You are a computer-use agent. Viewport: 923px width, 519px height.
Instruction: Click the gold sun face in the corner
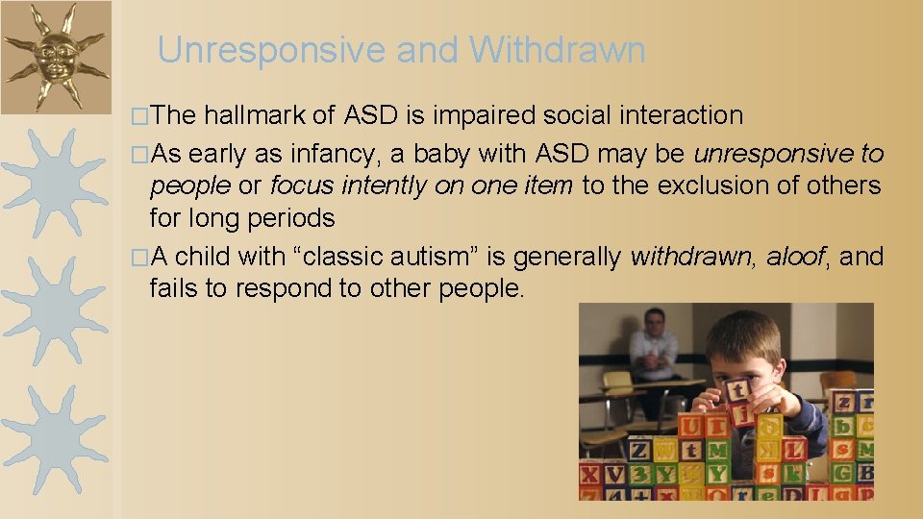tap(55, 56)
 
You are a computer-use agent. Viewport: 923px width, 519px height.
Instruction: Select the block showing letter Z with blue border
tap(639, 450)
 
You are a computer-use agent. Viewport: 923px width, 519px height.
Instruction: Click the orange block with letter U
tap(691, 426)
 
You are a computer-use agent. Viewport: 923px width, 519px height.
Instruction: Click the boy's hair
tap(746, 332)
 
